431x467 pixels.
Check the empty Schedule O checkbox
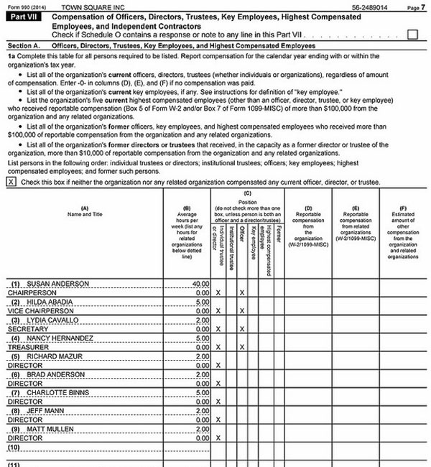[412, 34]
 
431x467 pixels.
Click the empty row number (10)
[14, 446]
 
